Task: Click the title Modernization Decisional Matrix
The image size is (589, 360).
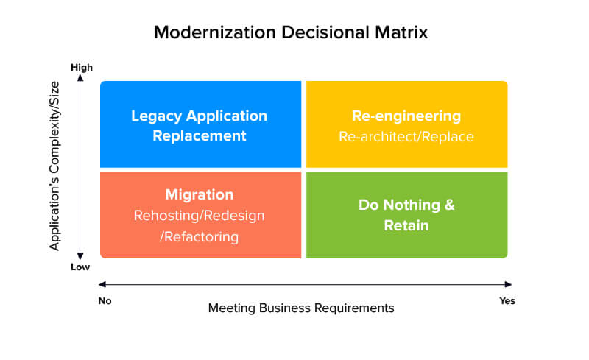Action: point(290,32)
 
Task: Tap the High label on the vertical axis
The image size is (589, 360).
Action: point(82,68)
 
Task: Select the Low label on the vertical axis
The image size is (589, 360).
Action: point(80,267)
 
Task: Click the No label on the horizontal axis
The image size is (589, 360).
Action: point(105,300)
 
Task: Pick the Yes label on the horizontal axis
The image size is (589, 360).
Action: point(507,300)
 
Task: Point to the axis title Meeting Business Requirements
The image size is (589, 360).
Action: point(301,308)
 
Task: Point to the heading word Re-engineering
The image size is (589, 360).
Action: point(406,116)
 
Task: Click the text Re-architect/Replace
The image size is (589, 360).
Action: point(406,137)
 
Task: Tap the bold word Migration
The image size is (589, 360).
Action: point(200,195)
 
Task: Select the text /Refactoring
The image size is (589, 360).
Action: point(200,236)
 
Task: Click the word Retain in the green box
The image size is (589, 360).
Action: point(406,225)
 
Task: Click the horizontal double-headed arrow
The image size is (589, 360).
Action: point(305,284)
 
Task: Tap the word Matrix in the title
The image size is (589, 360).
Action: point(398,32)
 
